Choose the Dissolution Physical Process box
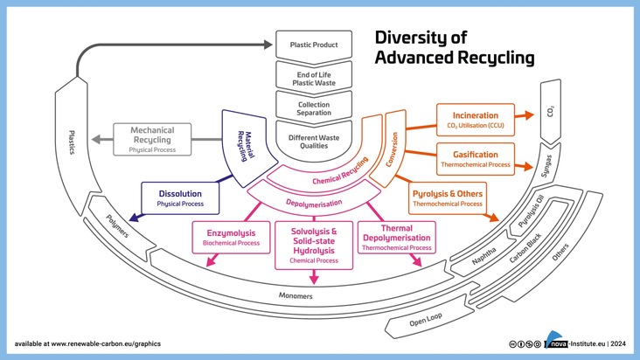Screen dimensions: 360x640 [x=181, y=197]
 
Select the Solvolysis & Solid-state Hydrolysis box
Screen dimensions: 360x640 [x=312, y=246]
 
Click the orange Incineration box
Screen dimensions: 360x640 [x=475, y=120]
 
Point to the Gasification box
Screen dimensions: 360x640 [x=475, y=159]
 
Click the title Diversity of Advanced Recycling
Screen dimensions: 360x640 [x=453, y=48]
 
